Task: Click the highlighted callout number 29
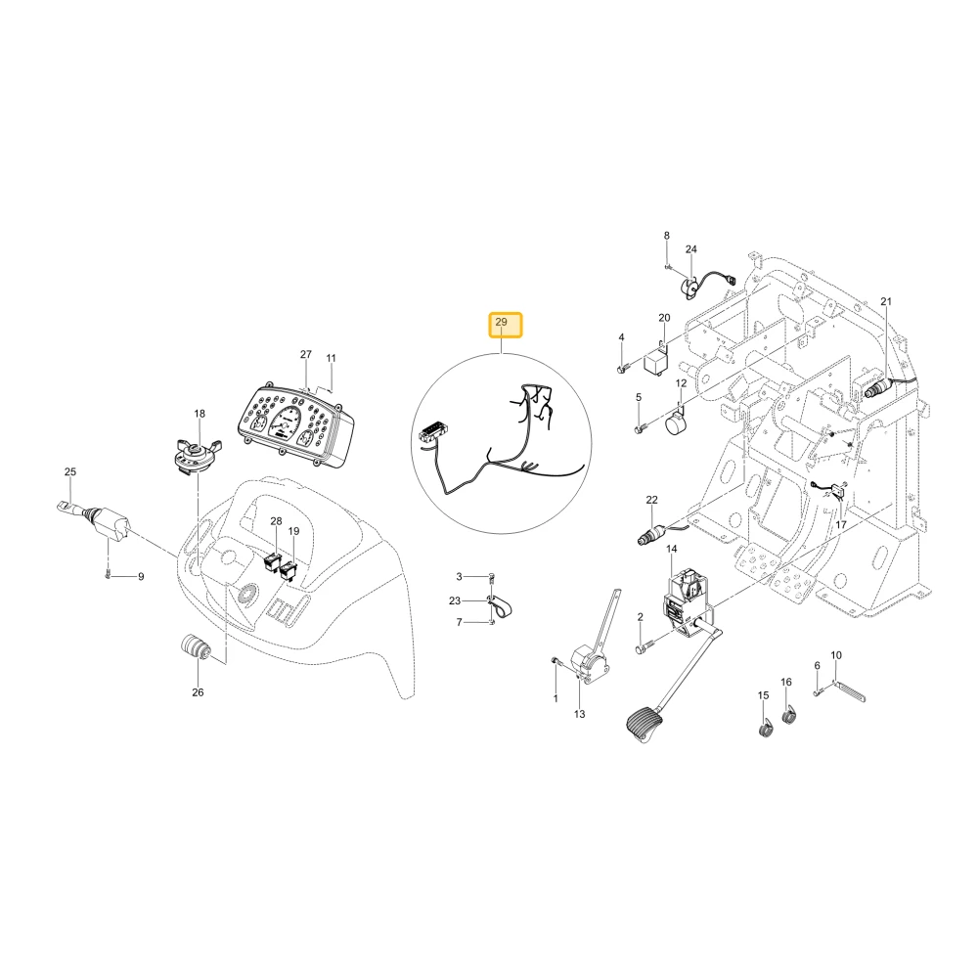(x=502, y=322)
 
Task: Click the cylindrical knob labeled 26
(x=196, y=646)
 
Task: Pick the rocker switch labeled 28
(x=273, y=562)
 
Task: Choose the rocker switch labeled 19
(x=289, y=570)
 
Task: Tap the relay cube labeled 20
(x=655, y=361)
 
